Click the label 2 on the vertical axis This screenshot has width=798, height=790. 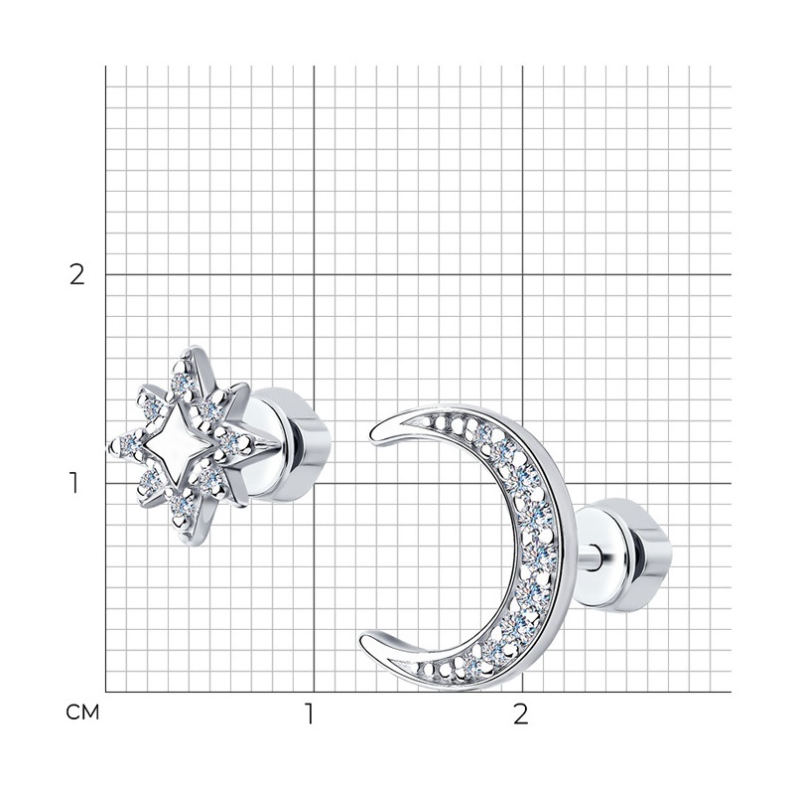point(76,275)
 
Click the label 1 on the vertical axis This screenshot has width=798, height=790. point(74,483)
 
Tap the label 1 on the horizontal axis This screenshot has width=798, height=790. point(309,714)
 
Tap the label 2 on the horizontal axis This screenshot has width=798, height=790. point(521,714)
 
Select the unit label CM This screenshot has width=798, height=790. point(82,712)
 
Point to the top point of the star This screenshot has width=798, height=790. point(194,349)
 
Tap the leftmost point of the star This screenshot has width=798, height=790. point(111,447)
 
